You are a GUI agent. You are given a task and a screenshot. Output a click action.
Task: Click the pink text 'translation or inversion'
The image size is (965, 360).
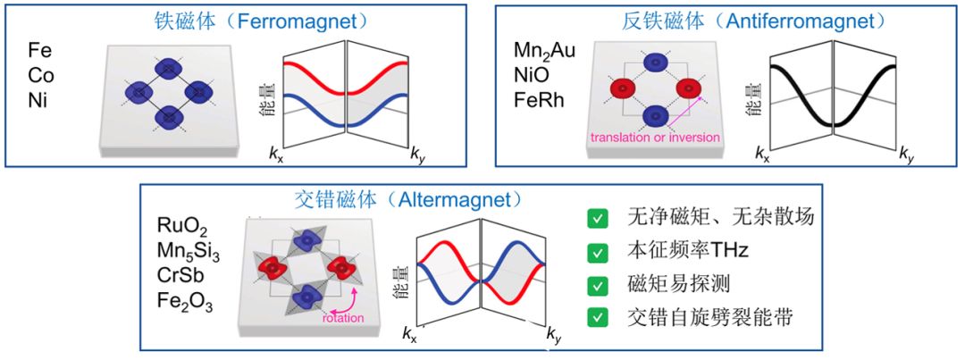point(655,137)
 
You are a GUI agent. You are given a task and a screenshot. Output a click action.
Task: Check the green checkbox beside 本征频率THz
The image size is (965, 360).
point(597,252)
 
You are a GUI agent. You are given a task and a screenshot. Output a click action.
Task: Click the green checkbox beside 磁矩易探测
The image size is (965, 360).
point(597,286)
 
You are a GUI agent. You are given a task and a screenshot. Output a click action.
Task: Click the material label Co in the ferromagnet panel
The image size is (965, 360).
point(41,75)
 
